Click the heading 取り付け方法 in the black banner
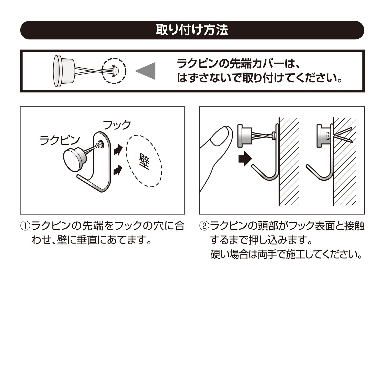(192, 30)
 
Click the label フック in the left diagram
(117, 125)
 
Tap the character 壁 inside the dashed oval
(144, 161)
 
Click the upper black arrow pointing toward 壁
(118, 149)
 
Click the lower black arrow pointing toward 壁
(118, 170)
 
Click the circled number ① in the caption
(25, 226)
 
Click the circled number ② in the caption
(204, 226)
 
